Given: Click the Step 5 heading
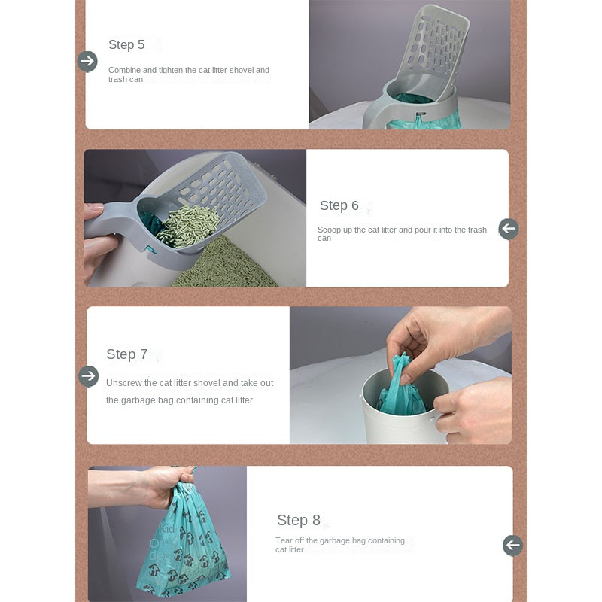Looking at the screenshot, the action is pos(126,44).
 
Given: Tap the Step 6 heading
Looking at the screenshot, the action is pos(339,205).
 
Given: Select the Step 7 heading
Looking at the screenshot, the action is pos(126,354).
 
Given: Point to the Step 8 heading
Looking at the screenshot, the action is pos(298,520).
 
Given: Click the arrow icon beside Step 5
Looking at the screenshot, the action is pos(87,62).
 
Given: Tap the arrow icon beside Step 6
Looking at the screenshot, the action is pos(509,229).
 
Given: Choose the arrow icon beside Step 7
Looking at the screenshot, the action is pos(88,376).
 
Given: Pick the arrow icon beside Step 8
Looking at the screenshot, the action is pos(513,545).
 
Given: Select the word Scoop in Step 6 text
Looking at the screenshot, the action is pos(329,230).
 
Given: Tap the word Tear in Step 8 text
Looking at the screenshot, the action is pos(284,540).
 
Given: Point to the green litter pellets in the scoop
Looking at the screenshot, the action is pos(188,226).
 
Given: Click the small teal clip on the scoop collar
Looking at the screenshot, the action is pos(151,250).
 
